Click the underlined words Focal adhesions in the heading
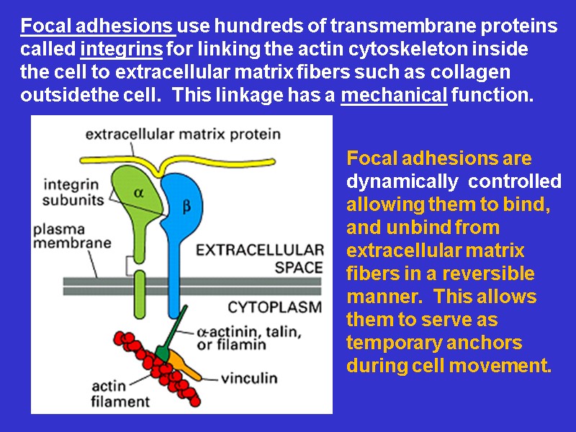coord(97,27)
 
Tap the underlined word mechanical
coord(394,95)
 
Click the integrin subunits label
coord(71,192)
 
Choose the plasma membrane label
coord(72,235)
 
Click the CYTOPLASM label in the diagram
coord(274,307)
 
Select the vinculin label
coord(249,377)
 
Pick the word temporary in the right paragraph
coord(393,342)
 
